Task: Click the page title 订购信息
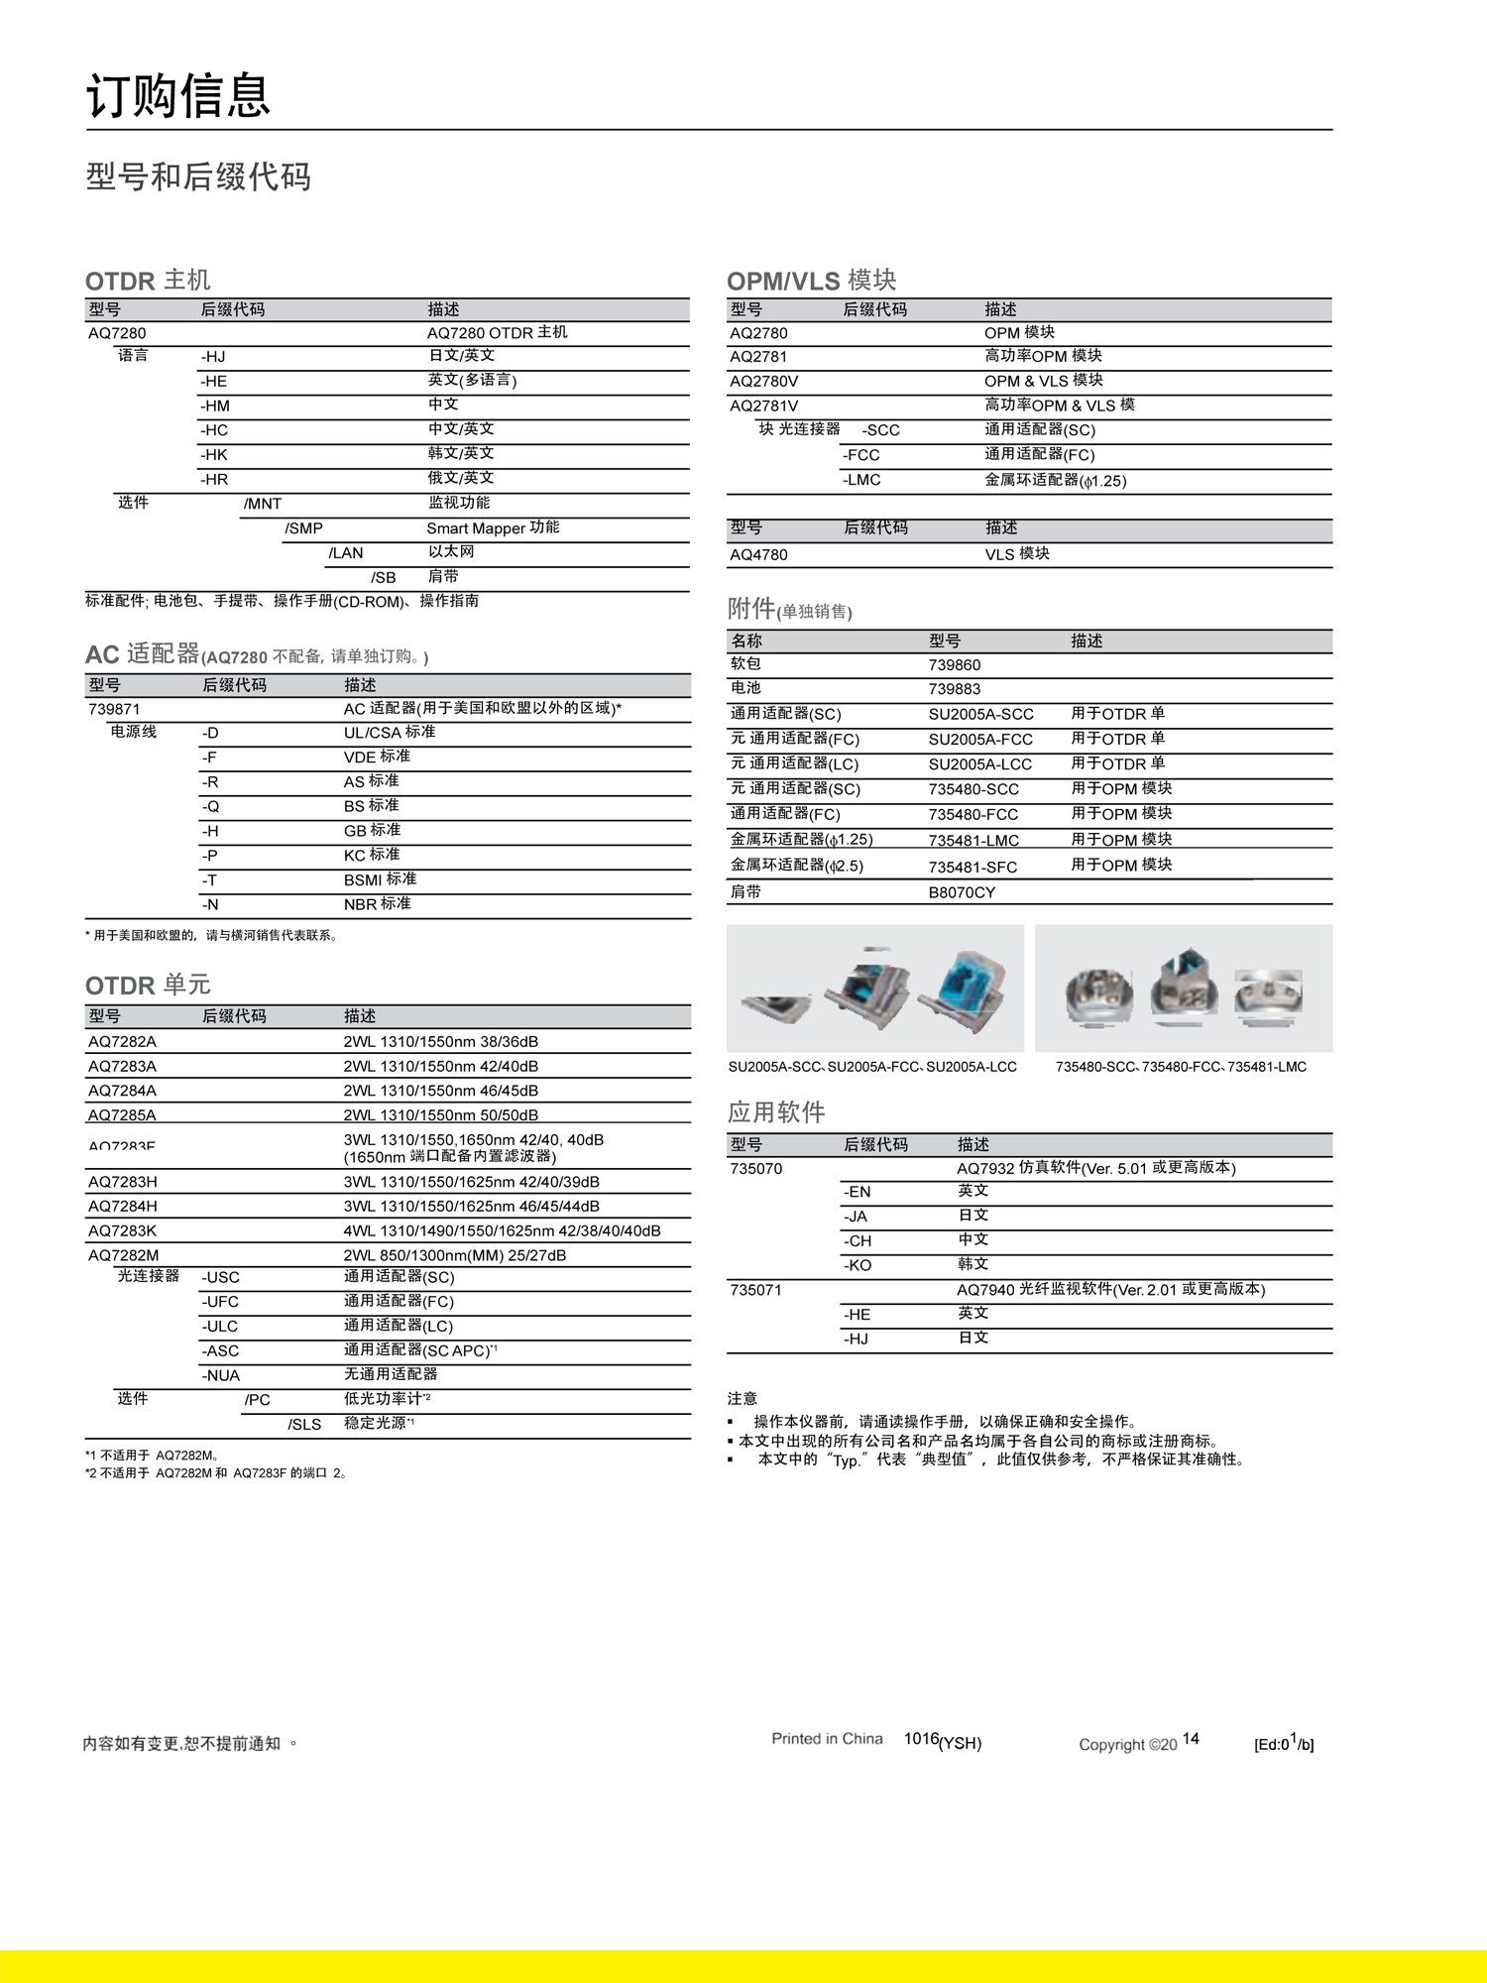click(178, 96)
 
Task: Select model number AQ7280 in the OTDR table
click(117, 333)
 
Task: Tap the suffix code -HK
click(214, 455)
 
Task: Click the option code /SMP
click(303, 528)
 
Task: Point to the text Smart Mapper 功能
click(493, 528)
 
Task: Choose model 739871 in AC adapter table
click(114, 709)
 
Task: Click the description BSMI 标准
click(380, 879)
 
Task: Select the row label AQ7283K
click(122, 1230)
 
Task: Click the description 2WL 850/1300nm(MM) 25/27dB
click(455, 1255)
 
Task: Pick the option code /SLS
click(304, 1424)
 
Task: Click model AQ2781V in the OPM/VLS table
click(763, 406)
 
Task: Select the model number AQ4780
click(758, 554)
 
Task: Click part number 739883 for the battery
click(955, 689)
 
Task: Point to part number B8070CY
click(962, 892)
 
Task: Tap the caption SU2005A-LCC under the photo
click(971, 1067)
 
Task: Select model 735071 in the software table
click(755, 1290)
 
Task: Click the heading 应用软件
click(776, 1112)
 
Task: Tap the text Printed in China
click(827, 1738)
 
